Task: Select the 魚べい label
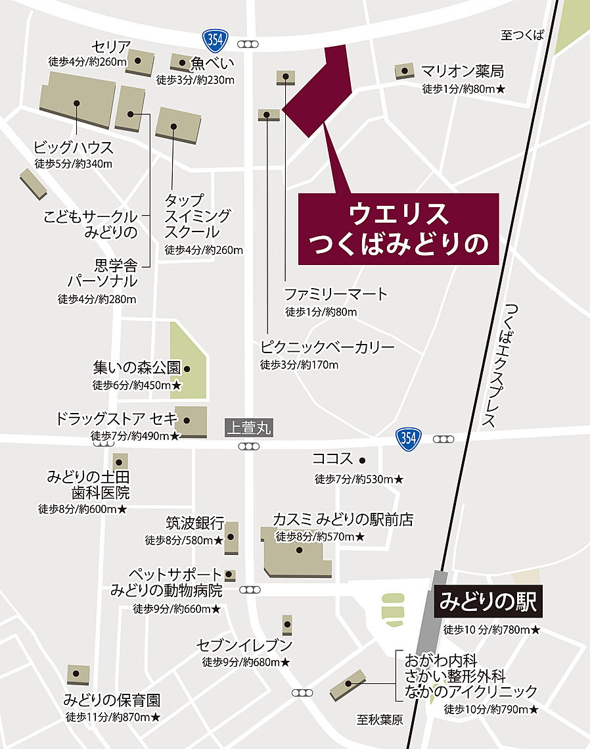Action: (x=212, y=64)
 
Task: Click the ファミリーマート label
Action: (x=336, y=294)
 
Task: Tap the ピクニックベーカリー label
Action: (x=327, y=347)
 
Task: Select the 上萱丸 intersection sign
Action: (x=247, y=428)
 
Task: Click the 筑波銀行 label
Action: (x=194, y=523)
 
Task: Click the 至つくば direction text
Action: (x=522, y=36)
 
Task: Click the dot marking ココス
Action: (x=362, y=460)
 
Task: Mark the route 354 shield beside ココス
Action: (x=409, y=439)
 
